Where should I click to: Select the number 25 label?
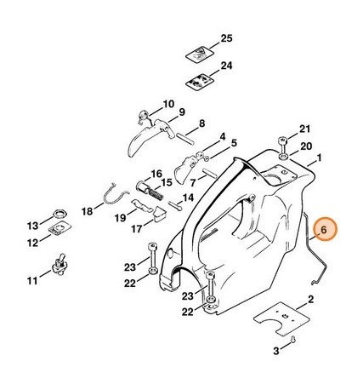coord(226,39)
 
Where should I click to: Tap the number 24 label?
coord(226,66)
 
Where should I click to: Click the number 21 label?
coord(305,129)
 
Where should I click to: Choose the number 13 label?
coord(32,226)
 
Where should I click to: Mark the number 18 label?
coord(88,210)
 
